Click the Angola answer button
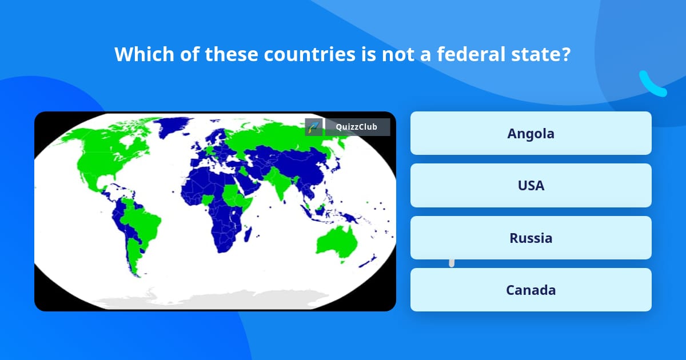531,133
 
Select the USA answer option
531,186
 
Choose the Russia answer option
531,238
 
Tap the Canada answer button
531,290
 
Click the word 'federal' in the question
470,54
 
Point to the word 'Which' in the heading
144,54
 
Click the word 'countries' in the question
310,54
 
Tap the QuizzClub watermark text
357,127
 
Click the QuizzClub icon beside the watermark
314,127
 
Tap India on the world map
279,183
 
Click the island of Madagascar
248,234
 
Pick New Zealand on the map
368,261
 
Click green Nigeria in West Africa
207,200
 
